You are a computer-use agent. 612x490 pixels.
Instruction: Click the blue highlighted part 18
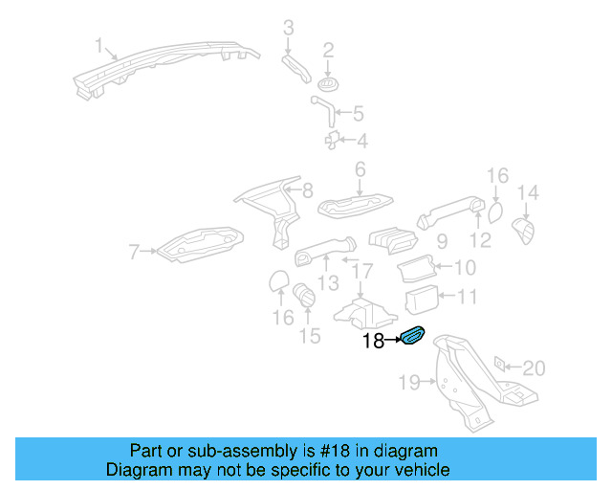[414, 336]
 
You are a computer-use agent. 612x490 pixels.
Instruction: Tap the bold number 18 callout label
[373, 340]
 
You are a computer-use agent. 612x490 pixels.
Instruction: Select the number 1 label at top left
[98, 46]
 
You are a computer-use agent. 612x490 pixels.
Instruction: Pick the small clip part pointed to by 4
[334, 141]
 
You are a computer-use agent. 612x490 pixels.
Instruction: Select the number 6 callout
[361, 169]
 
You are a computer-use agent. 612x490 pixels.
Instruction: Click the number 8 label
[307, 190]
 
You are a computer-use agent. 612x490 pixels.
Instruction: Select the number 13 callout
[328, 282]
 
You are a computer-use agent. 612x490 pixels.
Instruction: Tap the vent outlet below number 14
[526, 231]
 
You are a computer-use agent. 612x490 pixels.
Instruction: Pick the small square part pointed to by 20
[498, 366]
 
